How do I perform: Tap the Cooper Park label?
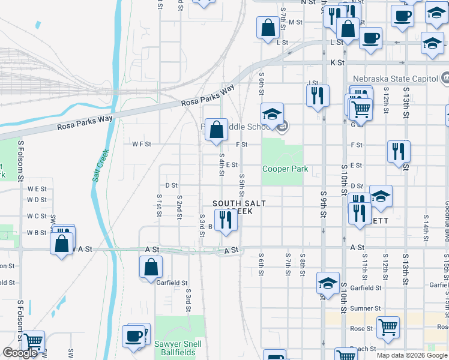point(285,169)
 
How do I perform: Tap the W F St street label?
point(141,144)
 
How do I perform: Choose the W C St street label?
point(37,216)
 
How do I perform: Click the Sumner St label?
point(362,308)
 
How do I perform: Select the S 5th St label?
point(242,185)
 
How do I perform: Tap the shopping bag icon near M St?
point(267,26)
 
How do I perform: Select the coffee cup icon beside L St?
point(370,37)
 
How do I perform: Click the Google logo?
point(20,353)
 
